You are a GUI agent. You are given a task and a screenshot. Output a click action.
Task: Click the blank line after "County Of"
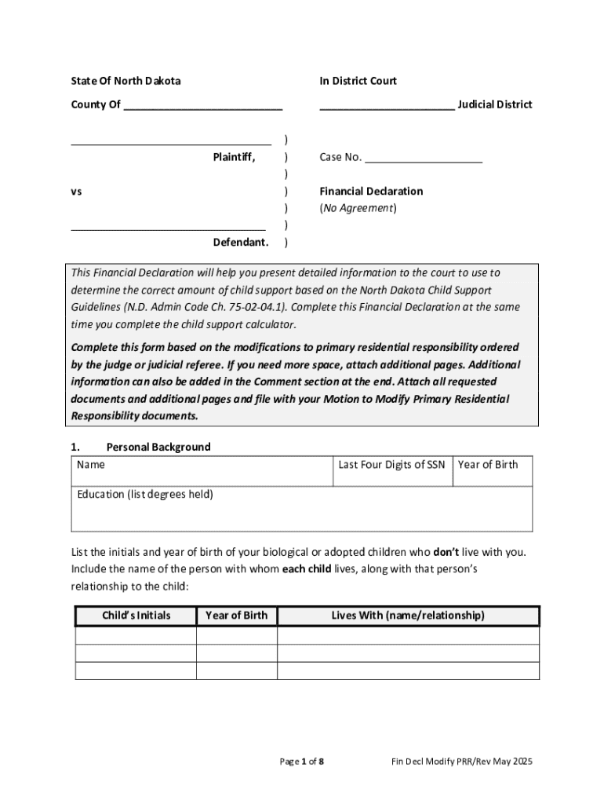[x=202, y=105]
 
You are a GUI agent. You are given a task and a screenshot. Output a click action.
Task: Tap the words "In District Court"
[x=358, y=81]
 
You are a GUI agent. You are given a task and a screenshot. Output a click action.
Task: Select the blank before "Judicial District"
[x=386, y=105]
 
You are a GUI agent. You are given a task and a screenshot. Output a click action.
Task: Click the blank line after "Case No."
[x=424, y=158]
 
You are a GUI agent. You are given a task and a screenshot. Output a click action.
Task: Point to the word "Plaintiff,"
[x=234, y=157]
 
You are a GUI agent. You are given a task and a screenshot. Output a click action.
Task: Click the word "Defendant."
[x=241, y=242]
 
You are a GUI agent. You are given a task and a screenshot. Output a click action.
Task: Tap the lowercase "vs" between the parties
[x=77, y=191]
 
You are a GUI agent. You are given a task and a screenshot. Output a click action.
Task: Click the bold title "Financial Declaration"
[x=371, y=191]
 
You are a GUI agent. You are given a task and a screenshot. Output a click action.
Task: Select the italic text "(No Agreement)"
[x=358, y=208]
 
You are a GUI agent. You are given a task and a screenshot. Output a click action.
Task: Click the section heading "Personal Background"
[x=158, y=447]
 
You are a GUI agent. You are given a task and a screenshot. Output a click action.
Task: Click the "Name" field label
[x=91, y=465]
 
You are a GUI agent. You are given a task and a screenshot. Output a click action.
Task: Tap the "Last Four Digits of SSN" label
[x=391, y=465]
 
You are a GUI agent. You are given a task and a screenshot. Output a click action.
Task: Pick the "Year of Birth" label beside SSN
[x=488, y=465]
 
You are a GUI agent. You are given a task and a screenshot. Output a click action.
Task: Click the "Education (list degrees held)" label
[x=145, y=495]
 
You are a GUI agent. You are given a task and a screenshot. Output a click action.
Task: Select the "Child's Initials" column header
[x=136, y=616]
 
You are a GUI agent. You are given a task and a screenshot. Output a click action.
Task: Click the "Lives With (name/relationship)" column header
[x=408, y=616]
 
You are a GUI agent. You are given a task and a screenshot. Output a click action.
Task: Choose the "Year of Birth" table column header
[x=236, y=616]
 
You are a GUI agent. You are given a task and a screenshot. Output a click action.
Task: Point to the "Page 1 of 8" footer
[x=302, y=762]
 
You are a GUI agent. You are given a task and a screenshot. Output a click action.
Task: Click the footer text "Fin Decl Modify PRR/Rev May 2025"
[x=463, y=762]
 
